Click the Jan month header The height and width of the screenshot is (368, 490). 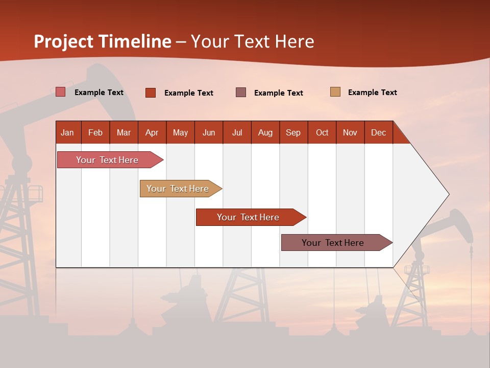click(67, 133)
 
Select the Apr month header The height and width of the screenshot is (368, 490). click(152, 133)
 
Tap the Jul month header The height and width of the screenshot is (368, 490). click(237, 133)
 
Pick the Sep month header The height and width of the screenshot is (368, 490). click(293, 133)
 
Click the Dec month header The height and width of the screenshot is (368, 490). click(378, 133)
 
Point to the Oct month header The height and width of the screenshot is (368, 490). click(322, 133)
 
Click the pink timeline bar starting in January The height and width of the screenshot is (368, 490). click(107, 160)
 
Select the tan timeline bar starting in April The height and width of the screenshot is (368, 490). click(178, 189)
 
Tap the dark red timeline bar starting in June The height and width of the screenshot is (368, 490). click(248, 217)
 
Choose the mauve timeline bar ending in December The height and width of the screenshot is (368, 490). click(333, 243)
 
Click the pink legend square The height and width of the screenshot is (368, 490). click(61, 92)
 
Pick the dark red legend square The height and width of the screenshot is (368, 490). click(151, 93)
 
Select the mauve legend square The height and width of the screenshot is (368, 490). click(241, 93)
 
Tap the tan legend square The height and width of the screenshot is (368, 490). click(335, 92)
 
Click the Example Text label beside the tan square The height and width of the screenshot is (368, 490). click(372, 93)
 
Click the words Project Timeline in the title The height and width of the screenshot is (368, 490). click(103, 41)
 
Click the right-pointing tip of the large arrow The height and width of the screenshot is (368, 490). click(448, 194)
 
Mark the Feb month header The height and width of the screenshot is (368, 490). click(95, 133)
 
